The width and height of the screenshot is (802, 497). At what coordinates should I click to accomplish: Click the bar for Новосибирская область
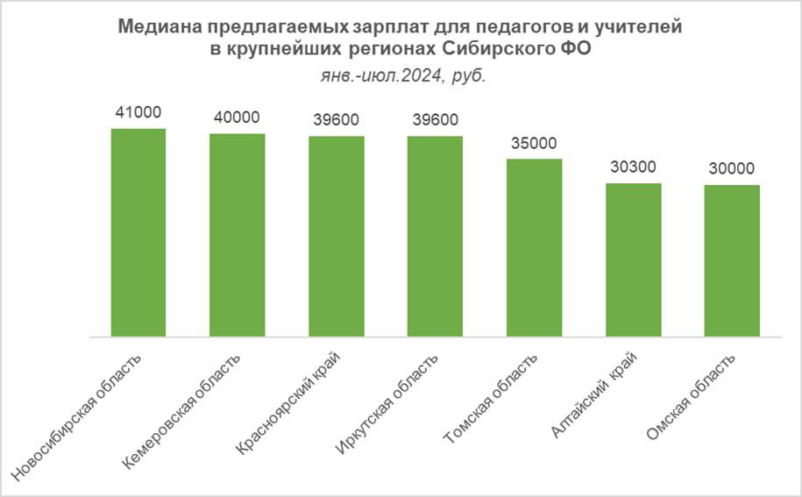[138, 232]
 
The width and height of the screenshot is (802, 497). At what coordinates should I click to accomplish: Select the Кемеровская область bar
[237, 235]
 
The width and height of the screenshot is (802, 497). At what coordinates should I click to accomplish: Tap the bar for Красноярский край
[336, 236]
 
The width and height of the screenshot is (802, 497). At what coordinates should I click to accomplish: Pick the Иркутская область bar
[435, 236]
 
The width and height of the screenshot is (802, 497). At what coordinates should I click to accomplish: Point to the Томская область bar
[534, 247]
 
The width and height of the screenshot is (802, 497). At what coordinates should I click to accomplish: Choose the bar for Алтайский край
[633, 259]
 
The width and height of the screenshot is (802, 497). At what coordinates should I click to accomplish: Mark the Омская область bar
[732, 260]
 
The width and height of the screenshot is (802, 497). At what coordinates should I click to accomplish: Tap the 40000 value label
[237, 117]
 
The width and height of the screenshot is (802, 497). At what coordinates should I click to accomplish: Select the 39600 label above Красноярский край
[336, 120]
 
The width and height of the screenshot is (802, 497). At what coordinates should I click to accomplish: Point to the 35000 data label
[534, 143]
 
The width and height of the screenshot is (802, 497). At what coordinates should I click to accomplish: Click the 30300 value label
[633, 167]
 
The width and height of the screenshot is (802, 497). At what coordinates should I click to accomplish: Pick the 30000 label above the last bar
[732, 168]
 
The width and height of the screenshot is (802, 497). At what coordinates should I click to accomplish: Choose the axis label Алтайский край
[596, 394]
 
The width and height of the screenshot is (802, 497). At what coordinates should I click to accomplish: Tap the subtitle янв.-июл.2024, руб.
[401, 75]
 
